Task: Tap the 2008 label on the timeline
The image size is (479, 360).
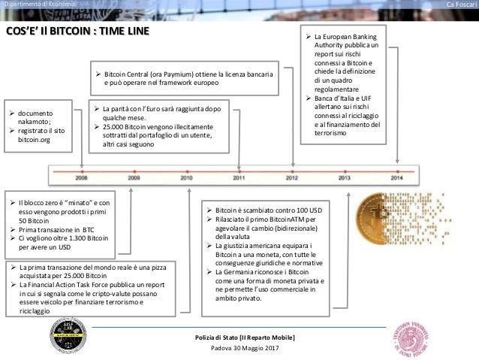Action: [81, 178]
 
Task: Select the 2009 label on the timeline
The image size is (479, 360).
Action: [134, 178]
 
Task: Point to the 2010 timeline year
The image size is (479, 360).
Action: [186, 178]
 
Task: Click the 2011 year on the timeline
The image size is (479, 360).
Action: [239, 178]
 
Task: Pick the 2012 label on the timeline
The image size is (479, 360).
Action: [291, 178]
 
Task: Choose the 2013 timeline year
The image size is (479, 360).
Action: [345, 178]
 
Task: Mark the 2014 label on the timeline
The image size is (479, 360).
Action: [397, 178]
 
